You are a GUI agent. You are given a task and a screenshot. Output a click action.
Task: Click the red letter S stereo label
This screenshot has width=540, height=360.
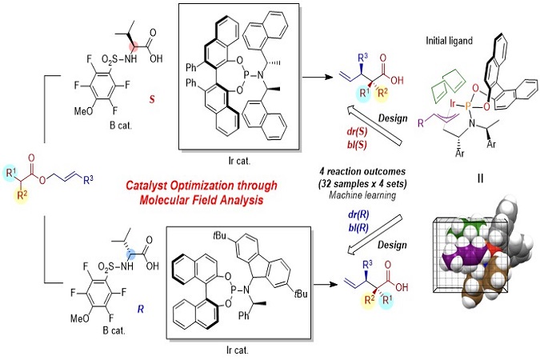152,99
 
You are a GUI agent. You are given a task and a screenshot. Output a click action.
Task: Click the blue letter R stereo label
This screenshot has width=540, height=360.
141,309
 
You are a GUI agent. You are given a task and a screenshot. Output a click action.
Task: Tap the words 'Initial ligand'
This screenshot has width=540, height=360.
449,41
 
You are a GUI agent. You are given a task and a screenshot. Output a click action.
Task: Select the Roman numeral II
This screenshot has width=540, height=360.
481,178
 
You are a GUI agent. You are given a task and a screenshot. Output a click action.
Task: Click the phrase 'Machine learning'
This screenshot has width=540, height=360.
362,195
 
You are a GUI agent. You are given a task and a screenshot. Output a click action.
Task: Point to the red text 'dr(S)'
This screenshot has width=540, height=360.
357,132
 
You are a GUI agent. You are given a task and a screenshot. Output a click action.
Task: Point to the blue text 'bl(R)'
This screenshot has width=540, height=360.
358,227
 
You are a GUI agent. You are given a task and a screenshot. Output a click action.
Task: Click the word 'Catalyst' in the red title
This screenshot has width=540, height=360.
147,186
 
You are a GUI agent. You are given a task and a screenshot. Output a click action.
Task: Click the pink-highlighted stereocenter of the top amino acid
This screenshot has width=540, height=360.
133,46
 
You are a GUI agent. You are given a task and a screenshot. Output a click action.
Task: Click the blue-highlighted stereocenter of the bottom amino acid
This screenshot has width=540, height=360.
131,255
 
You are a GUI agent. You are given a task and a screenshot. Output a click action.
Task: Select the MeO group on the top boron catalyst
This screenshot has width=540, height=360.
83,111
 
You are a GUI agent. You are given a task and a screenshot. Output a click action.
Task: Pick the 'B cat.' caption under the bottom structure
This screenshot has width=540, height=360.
114,330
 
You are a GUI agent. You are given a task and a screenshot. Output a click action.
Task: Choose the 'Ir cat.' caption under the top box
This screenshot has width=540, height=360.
239,161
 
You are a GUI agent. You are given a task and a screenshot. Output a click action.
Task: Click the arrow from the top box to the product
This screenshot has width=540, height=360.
318,77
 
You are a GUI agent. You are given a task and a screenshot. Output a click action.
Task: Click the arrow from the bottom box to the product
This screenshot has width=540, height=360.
326,285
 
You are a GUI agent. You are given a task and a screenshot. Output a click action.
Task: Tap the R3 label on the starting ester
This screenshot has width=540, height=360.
88,180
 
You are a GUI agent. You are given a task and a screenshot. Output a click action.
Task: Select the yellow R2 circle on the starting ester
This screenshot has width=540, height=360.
22,196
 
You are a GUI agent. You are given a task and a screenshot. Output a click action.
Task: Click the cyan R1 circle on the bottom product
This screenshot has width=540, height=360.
386,300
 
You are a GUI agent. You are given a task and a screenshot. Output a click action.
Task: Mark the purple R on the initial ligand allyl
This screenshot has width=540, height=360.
421,123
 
